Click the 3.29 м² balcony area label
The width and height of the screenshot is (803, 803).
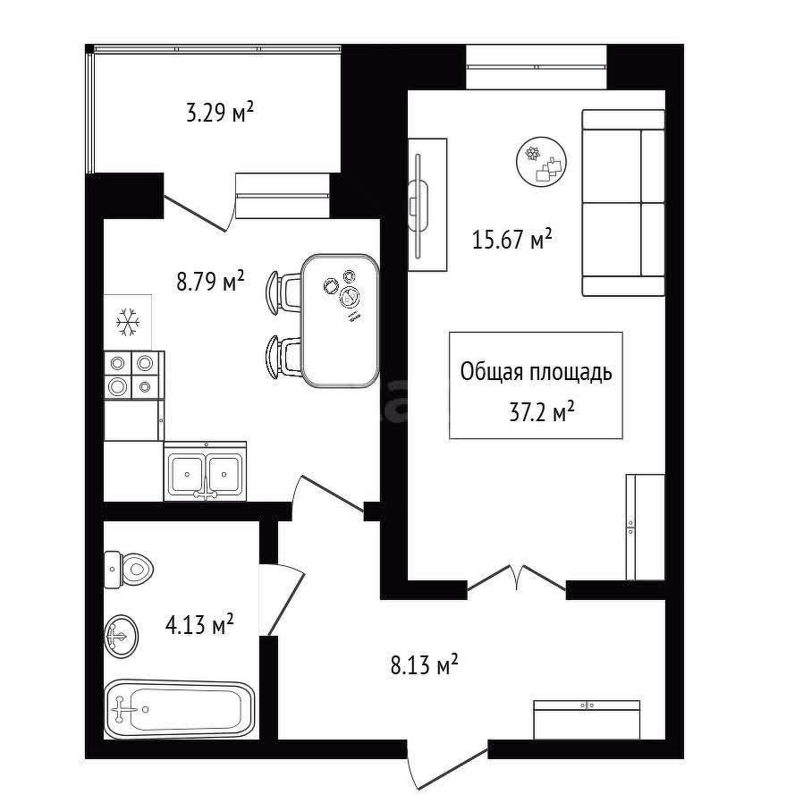point(220,113)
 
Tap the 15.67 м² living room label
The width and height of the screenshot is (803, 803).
point(511,239)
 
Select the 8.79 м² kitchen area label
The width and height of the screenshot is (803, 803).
point(210,281)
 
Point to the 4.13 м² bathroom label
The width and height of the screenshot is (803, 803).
point(199,625)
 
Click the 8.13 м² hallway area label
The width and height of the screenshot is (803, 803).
point(424,665)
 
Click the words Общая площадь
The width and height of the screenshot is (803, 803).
point(536,373)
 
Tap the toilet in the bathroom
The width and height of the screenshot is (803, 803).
point(129,570)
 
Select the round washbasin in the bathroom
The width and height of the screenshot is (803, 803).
point(122,636)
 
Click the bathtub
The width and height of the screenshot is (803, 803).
point(179,709)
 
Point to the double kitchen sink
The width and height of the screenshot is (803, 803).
point(205,471)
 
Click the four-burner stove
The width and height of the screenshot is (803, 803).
point(134,375)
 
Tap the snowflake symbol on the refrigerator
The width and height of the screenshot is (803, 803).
point(128,323)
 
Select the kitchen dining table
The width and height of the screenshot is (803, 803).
point(340,321)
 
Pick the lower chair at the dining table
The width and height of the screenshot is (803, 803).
point(283,357)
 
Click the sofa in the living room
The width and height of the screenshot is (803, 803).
point(623,203)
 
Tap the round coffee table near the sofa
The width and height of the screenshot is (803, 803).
point(541,161)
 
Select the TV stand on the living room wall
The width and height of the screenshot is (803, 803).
point(427,205)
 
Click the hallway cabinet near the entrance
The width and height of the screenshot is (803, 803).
point(587,720)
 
